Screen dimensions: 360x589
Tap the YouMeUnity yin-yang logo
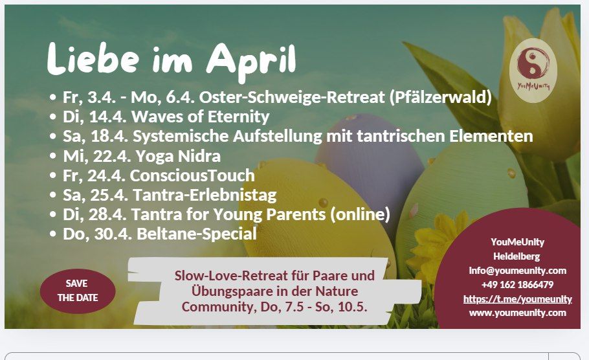(533, 69)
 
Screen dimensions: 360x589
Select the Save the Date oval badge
(78, 291)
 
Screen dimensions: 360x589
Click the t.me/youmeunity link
(517, 298)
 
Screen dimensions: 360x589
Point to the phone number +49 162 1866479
(517, 284)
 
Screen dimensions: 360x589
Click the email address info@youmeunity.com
(517, 270)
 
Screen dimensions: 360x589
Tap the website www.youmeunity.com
(517, 313)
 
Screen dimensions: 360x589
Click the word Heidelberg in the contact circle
(517, 256)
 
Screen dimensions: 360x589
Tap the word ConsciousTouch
(192, 175)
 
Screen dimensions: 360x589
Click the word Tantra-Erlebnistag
(203, 195)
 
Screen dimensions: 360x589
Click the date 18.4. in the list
(106, 137)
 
